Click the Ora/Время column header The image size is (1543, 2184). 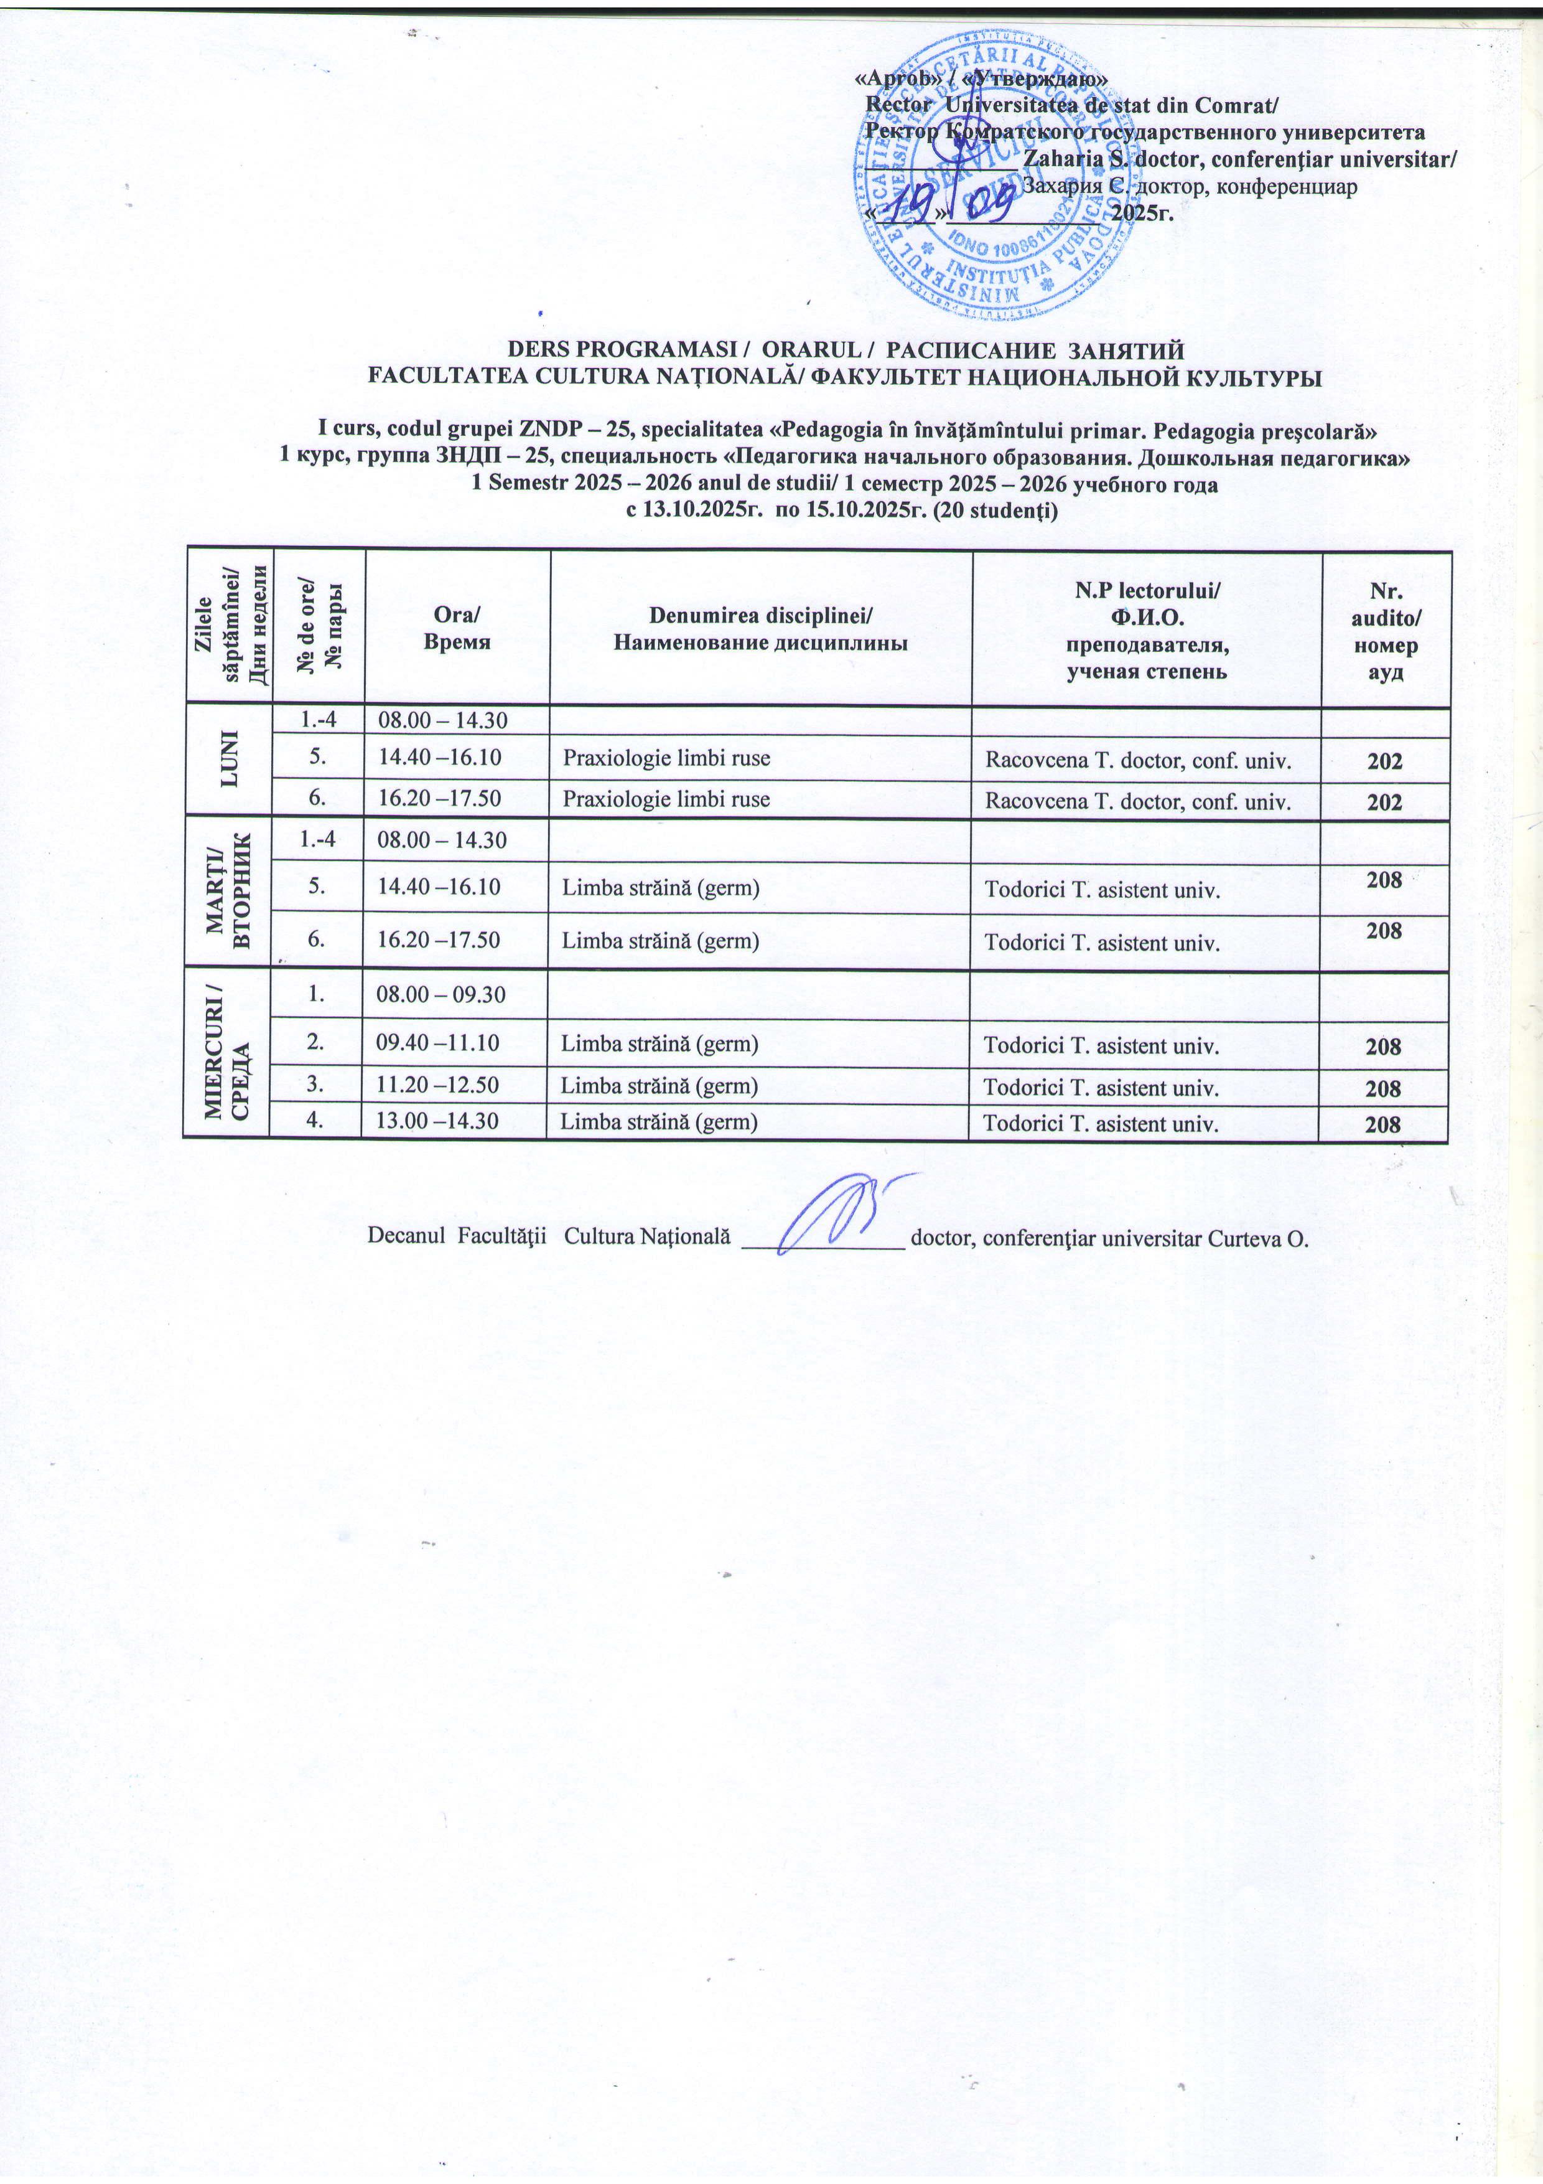[456, 628]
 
